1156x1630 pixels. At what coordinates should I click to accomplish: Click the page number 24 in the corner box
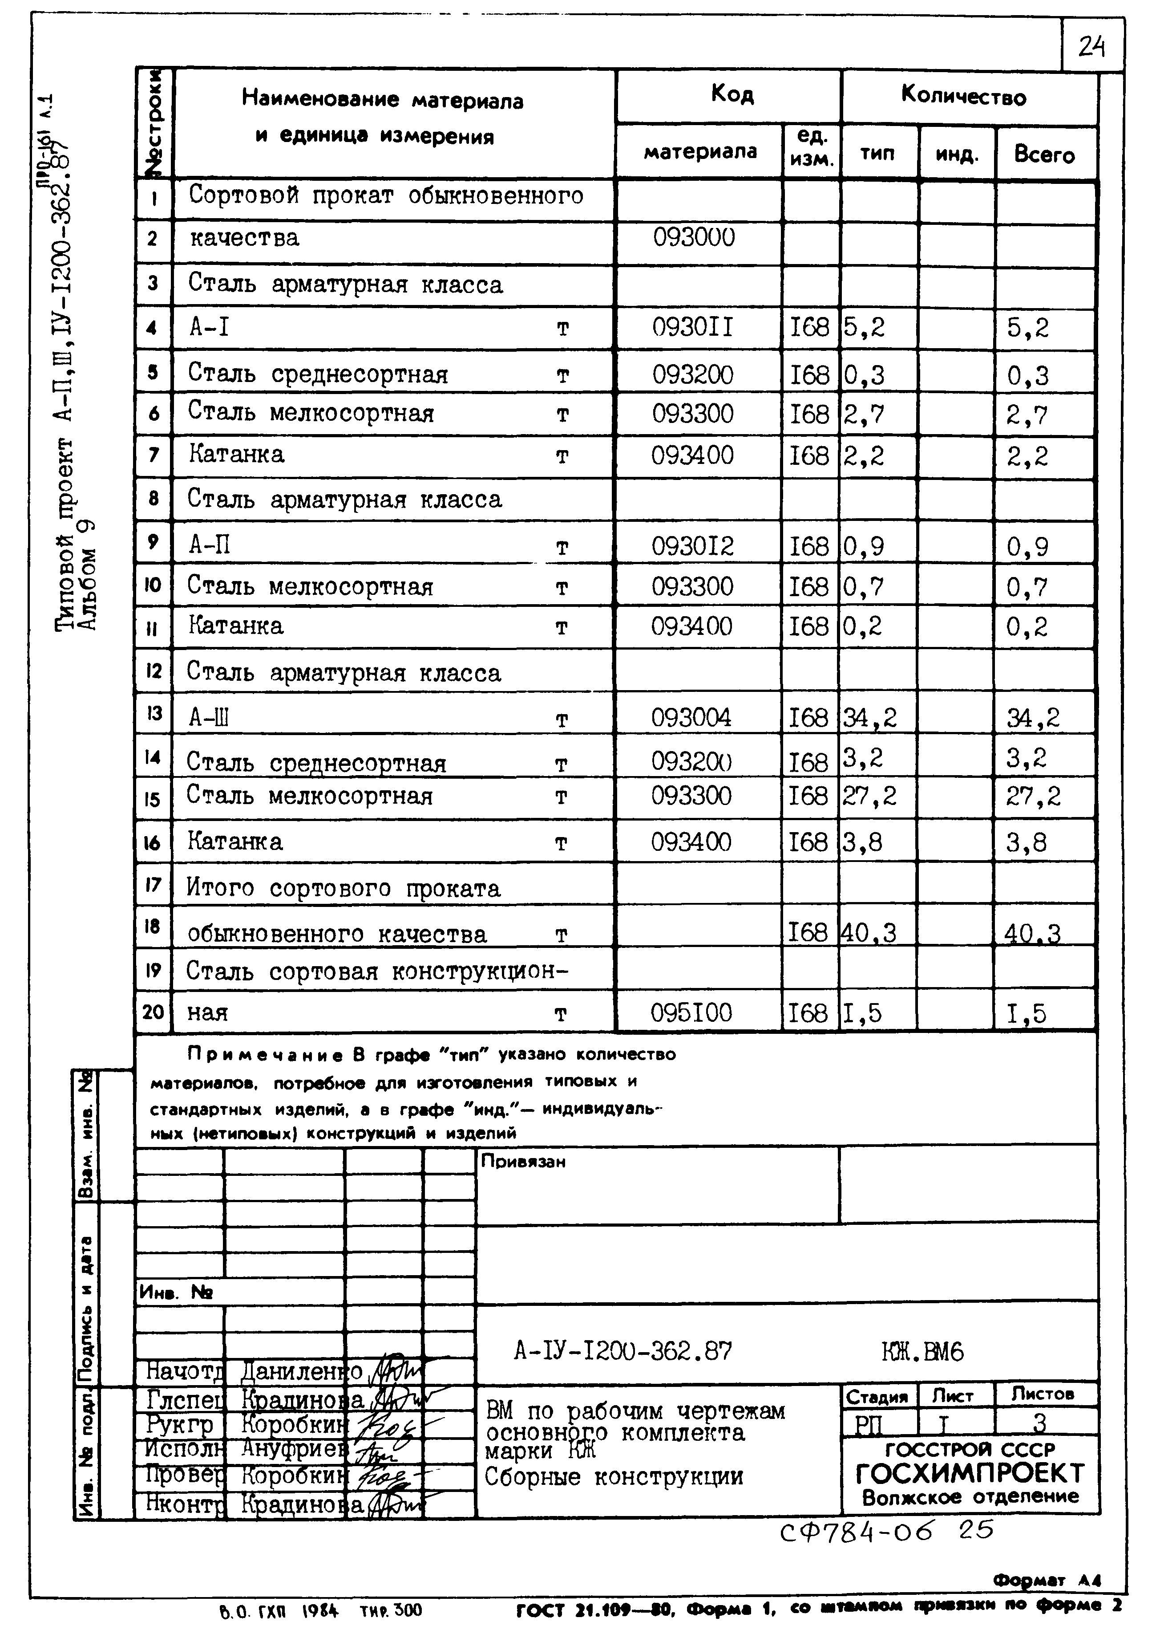tap(1091, 47)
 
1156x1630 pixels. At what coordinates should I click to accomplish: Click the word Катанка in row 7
tap(236, 454)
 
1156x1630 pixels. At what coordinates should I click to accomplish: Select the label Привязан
tap(523, 1162)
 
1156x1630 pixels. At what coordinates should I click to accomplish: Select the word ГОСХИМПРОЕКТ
tap(970, 1473)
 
